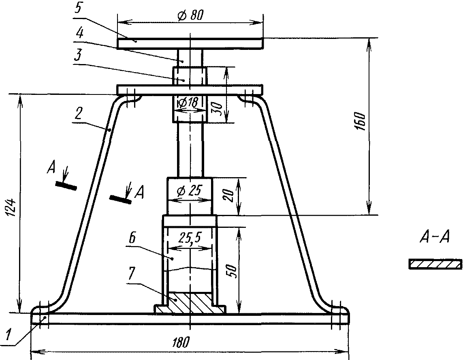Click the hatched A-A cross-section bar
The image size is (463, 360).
(435, 264)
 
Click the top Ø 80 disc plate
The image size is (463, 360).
(190, 43)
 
